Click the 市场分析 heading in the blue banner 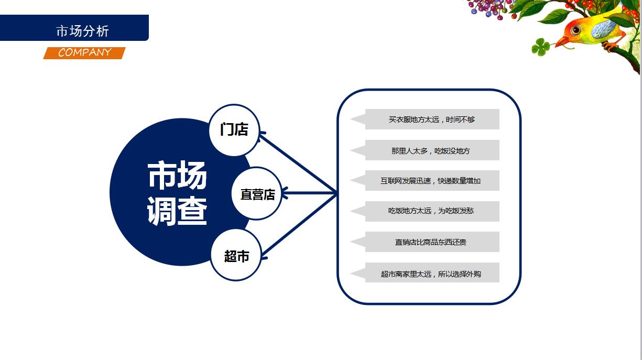coord(83,31)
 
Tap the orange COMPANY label coord(84,53)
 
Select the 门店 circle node coord(234,130)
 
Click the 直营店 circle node coord(257,193)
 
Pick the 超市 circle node coord(236,255)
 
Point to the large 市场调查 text coord(177,193)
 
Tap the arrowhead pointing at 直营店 coord(285,193)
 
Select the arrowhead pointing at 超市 coord(264,256)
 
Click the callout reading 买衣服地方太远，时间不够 coord(425,119)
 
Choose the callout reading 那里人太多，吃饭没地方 coord(425,150)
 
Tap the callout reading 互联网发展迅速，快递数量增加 coord(425,181)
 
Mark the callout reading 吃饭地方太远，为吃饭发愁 coord(425,211)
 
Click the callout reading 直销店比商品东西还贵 coord(425,242)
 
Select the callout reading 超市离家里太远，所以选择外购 coord(425,273)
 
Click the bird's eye coord(575,30)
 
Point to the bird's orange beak coord(562,41)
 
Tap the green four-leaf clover coord(540,47)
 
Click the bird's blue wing coord(603,29)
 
